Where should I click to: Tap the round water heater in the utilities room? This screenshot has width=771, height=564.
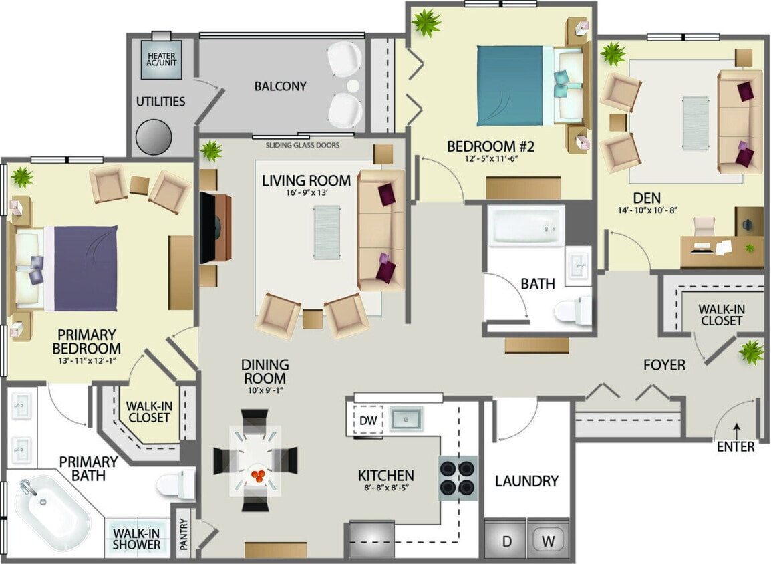154,138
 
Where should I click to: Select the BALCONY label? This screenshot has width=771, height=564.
280,86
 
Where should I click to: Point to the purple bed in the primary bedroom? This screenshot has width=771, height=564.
85,268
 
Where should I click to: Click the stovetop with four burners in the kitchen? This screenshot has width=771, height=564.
458,478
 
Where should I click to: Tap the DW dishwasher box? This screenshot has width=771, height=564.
367,421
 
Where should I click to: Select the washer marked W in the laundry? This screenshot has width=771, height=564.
548,541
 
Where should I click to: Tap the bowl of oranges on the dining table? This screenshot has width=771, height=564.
257,475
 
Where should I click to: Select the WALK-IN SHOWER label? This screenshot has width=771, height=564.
136,539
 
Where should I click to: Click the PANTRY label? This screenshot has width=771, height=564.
184,535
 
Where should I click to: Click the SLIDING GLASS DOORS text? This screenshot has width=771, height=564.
302,145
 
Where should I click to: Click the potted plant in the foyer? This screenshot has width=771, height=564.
751,352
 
